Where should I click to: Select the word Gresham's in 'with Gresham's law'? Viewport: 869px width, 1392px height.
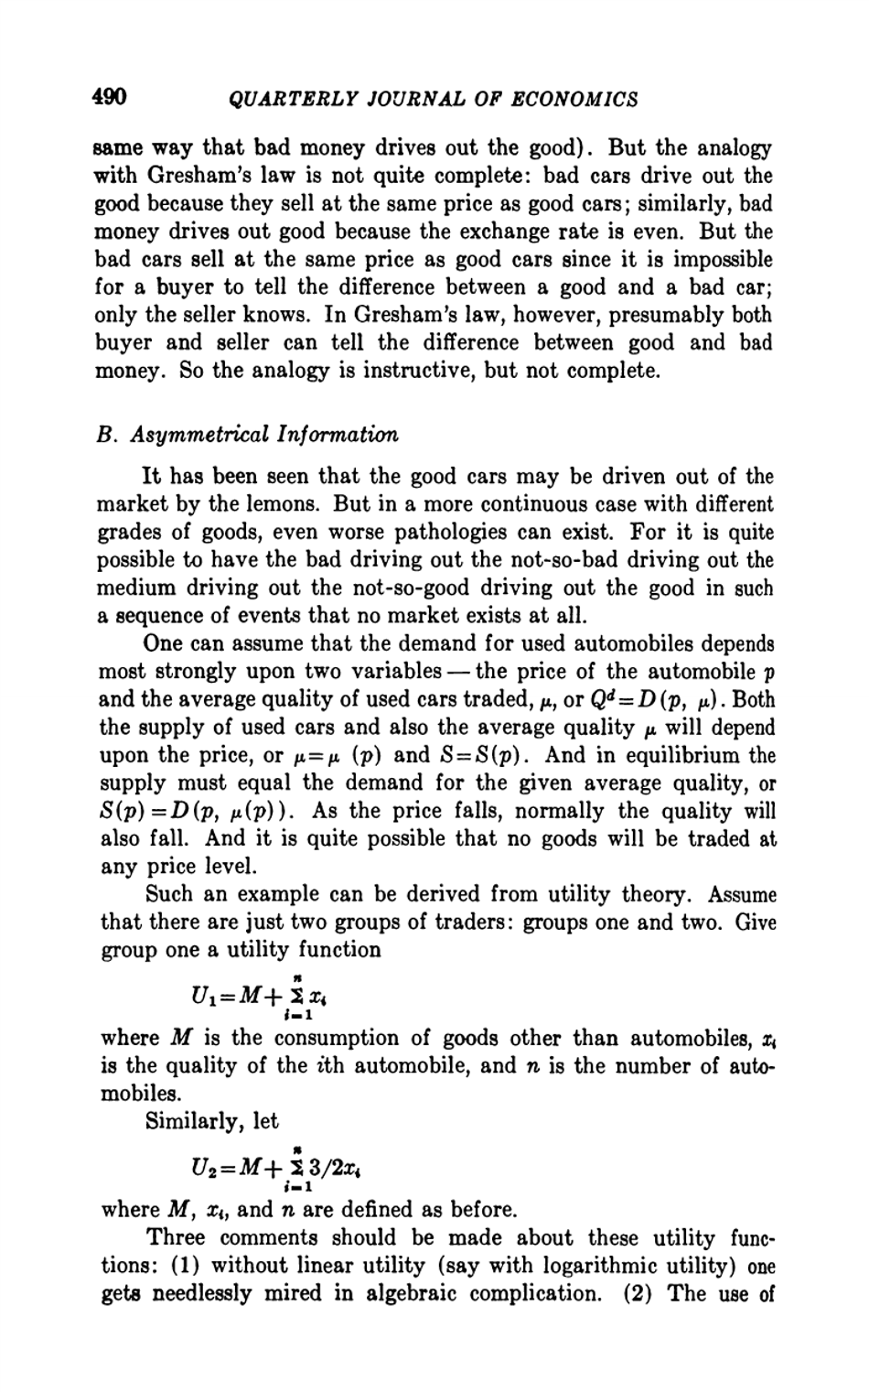coord(199,176)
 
